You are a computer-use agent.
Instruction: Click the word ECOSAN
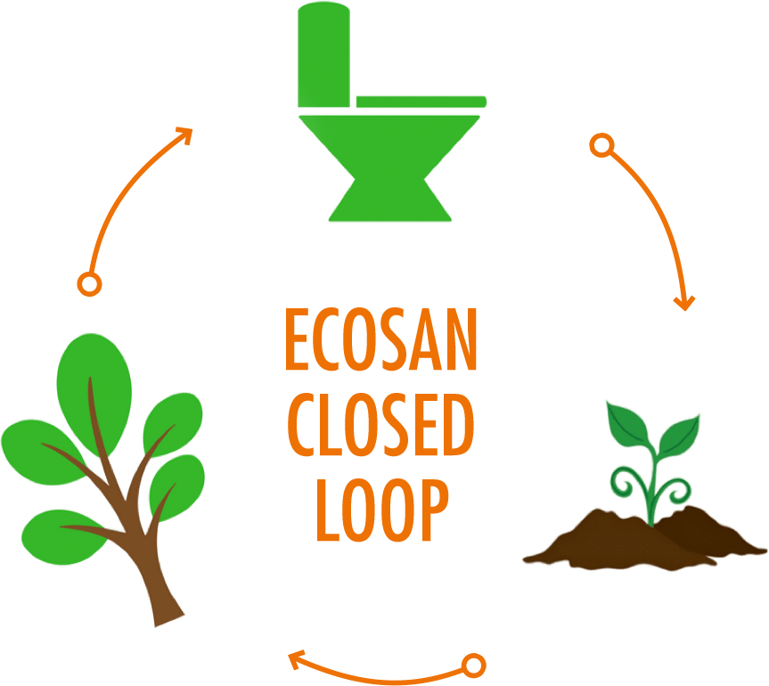(380, 341)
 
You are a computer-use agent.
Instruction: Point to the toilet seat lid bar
(421, 101)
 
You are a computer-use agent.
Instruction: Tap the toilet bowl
(389, 143)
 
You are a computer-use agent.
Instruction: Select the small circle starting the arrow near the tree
(89, 284)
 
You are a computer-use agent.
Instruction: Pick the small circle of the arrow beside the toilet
(601, 144)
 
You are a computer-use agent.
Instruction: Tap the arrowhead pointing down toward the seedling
(683, 302)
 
